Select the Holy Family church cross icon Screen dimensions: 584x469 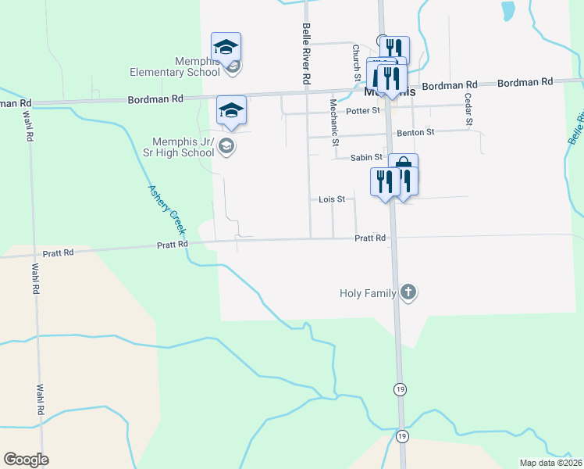(x=408, y=293)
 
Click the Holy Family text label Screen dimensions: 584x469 (x=368, y=294)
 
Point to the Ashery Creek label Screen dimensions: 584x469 (x=167, y=209)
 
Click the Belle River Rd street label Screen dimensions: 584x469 (x=306, y=54)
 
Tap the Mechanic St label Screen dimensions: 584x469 (x=333, y=122)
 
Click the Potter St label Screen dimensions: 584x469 (x=365, y=110)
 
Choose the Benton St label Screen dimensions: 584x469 (x=415, y=133)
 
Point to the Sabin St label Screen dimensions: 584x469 (x=366, y=157)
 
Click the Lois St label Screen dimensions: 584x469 (x=332, y=199)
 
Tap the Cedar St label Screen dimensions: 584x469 (x=468, y=109)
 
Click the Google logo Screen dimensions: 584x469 (x=26, y=459)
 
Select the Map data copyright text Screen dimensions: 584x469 (x=551, y=463)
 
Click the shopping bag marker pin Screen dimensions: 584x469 (x=403, y=167)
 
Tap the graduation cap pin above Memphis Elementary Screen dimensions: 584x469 (x=226, y=48)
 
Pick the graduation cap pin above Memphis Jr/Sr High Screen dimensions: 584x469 (x=231, y=111)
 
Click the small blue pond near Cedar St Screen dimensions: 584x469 (x=508, y=10)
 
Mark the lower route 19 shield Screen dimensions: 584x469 (x=401, y=435)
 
